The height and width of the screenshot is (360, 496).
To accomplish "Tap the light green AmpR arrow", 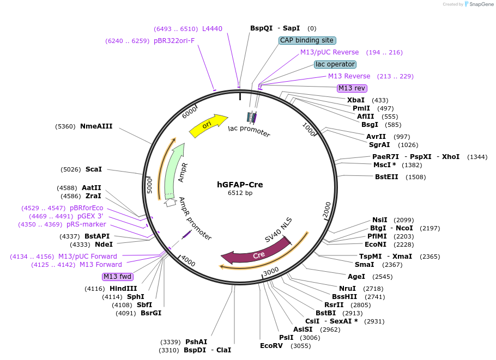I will pos(174,169).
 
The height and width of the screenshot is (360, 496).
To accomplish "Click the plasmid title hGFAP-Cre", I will pos(240,185).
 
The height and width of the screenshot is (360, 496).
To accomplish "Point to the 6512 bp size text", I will pos(240,193).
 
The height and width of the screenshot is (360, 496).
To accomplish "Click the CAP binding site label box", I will pos(307,40).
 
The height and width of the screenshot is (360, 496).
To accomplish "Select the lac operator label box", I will pos(335,64).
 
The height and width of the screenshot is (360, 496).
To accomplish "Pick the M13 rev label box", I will pos(352,88).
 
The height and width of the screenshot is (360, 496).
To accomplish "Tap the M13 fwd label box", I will pos(118,277).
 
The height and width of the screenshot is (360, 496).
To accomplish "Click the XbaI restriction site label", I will pos(356,100).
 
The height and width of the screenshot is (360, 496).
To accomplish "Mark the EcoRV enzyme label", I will pos(271,346).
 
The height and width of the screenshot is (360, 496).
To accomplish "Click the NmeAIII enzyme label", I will pos(96,126).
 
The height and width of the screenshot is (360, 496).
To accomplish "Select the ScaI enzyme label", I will pos(94,169).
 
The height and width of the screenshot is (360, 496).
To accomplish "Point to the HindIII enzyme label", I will pos(123,289).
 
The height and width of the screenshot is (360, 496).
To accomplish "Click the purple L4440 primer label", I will pos(212,29).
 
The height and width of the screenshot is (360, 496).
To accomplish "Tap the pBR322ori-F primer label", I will pos(174,41).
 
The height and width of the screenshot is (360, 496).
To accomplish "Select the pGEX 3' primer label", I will pos(90,216).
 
